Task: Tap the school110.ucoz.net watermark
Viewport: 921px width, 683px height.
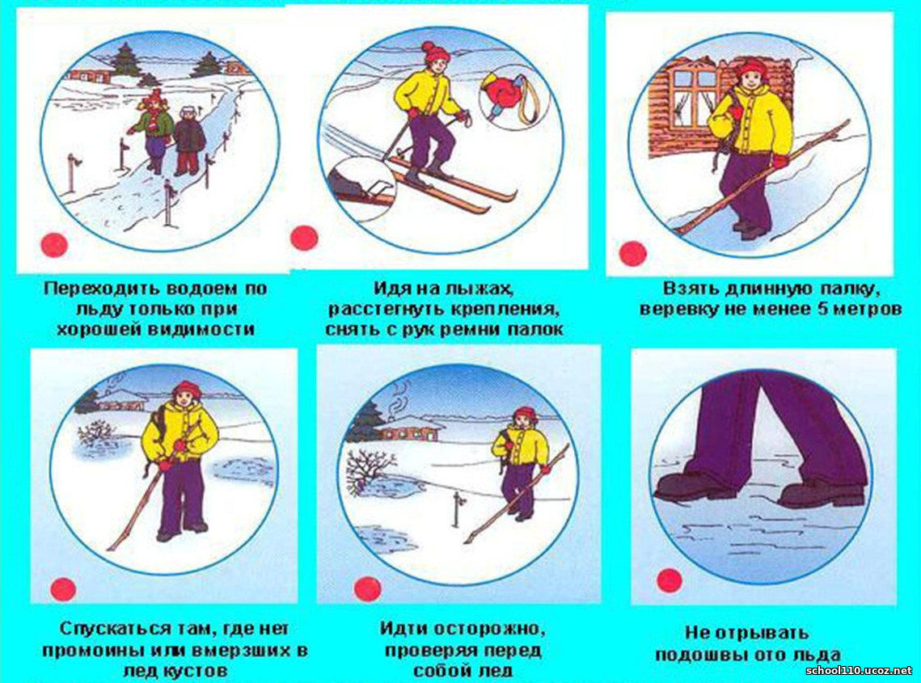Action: coord(860,671)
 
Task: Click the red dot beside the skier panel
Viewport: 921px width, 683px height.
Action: coord(304,238)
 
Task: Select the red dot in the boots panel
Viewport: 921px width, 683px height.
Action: coord(669,580)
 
